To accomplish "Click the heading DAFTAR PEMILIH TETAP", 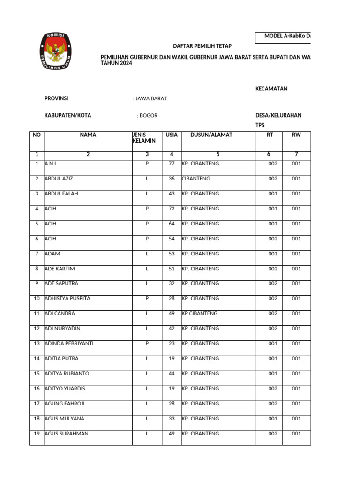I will click(202, 45).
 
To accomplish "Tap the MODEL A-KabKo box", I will click(283, 36).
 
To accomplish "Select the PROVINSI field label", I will click(56, 98).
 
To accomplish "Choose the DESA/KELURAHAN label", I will click(278, 115).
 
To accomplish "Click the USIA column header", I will click(172, 135).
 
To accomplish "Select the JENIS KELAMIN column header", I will click(143, 138).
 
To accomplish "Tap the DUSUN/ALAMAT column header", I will click(211, 135).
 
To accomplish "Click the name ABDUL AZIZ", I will click(59, 179).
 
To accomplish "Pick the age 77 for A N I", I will click(172, 164).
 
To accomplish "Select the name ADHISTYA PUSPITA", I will click(67, 299).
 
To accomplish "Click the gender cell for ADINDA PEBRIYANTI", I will click(147, 344).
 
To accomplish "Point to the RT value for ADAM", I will click(273, 254).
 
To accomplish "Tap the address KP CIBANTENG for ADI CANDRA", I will click(200, 314).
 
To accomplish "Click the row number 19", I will click(36, 434).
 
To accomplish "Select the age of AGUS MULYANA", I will click(172, 419).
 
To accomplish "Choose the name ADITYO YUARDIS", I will click(65, 389).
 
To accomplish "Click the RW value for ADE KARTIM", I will click(296, 269).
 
